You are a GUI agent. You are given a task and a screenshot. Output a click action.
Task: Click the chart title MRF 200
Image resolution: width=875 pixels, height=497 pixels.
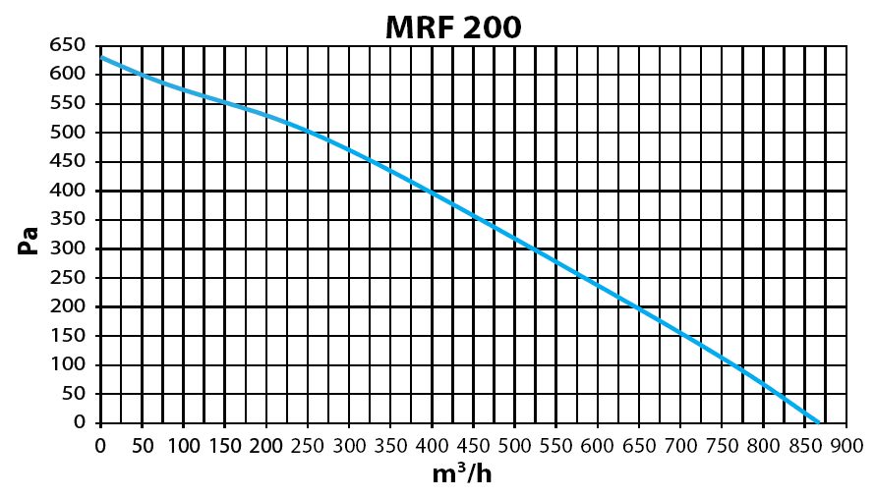(x=453, y=27)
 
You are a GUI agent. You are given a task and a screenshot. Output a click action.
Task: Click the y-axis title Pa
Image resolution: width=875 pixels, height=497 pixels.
(x=28, y=241)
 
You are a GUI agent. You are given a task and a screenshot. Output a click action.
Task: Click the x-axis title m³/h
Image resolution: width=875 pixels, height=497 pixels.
(x=462, y=473)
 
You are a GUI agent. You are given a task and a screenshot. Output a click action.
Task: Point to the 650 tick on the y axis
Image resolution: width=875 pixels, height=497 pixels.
(x=68, y=44)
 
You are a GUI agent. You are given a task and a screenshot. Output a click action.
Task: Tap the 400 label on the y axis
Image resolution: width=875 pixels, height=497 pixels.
(x=68, y=191)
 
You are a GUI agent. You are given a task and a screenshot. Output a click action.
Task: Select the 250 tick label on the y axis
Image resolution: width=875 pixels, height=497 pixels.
(x=68, y=277)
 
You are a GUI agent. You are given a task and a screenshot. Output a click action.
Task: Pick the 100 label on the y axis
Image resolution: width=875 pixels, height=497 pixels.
(x=68, y=364)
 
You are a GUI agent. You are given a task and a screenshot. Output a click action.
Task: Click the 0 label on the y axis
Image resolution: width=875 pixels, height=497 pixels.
(x=80, y=422)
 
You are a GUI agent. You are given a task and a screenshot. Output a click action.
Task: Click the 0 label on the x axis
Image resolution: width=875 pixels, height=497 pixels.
(x=100, y=446)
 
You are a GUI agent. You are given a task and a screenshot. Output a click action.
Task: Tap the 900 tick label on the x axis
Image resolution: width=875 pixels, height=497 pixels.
(x=846, y=446)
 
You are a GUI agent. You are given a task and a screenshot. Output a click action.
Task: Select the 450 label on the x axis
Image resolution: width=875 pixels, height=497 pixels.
(x=473, y=446)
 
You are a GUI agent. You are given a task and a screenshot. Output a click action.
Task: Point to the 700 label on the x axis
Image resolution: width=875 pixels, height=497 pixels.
(x=680, y=446)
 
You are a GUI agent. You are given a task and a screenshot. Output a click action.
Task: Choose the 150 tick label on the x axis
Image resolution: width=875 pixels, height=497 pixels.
(x=225, y=446)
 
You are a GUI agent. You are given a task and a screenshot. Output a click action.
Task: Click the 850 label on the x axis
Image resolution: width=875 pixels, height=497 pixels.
(x=804, y=446)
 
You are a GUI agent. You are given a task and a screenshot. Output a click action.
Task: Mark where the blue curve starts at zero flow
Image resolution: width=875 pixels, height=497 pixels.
(x=101, y=57)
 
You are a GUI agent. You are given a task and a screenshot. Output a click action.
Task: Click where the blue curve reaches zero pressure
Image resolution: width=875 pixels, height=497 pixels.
(x=818, y=422)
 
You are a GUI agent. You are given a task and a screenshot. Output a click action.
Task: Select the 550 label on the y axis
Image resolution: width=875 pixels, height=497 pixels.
(x=68, y=102)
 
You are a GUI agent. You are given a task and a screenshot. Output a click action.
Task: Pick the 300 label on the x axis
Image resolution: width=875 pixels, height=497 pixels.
(x=349, y=446)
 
